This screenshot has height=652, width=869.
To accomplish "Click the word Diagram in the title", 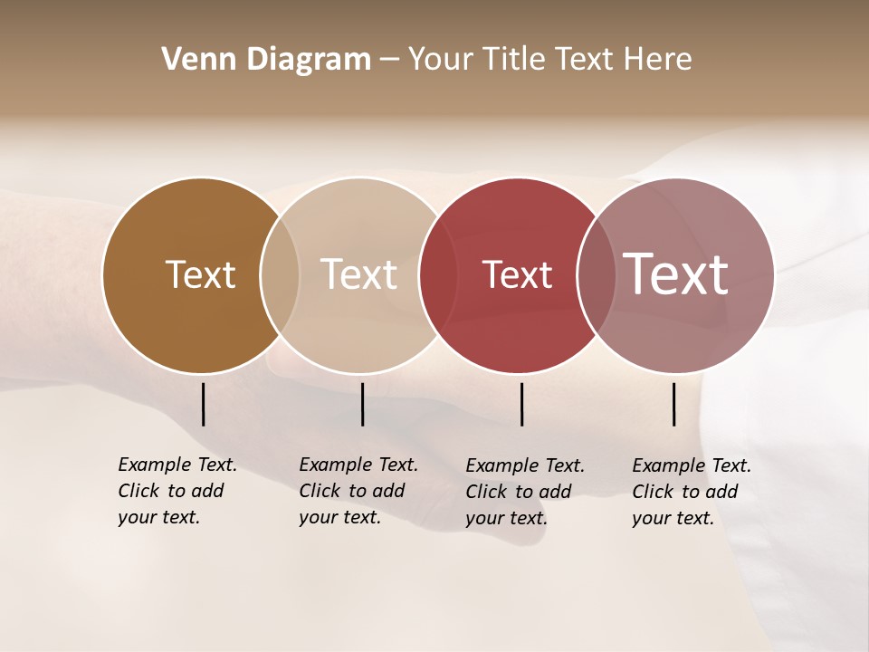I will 308,59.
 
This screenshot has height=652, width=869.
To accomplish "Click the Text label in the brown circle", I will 200,274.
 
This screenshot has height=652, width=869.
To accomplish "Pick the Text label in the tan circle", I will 359,274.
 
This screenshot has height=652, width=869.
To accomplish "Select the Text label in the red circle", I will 517,274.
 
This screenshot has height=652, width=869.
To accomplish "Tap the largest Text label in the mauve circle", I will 675,273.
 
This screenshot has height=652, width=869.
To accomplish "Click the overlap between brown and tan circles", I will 280,275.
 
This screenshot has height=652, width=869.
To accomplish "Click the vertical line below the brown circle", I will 204,404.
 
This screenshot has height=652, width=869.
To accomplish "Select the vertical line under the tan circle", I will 362,404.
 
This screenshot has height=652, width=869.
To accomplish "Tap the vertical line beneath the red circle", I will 521,404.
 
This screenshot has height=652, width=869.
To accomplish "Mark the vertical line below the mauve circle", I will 674,404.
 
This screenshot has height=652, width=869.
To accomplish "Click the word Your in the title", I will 441,59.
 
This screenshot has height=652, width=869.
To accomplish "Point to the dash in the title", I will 389,60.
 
